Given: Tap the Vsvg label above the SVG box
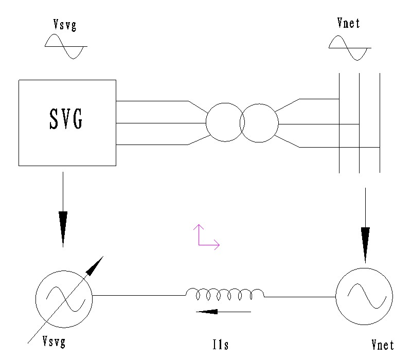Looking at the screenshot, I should tap(66, 25).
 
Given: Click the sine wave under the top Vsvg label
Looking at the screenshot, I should tap(66, 46).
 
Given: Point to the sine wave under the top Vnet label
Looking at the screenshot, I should tap(349, 48).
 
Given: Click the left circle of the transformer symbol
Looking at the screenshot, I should tap(224, 122).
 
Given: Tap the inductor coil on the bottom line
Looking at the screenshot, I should tap(225, 294).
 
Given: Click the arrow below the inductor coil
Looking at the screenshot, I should tap(224, 311).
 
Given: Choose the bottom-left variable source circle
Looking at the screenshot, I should tap(63, 297).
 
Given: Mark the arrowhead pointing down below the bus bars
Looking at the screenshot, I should tap(365, 244).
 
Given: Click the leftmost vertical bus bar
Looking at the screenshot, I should tap(339, 123).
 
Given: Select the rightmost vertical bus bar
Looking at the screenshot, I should tap(380, 123).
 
